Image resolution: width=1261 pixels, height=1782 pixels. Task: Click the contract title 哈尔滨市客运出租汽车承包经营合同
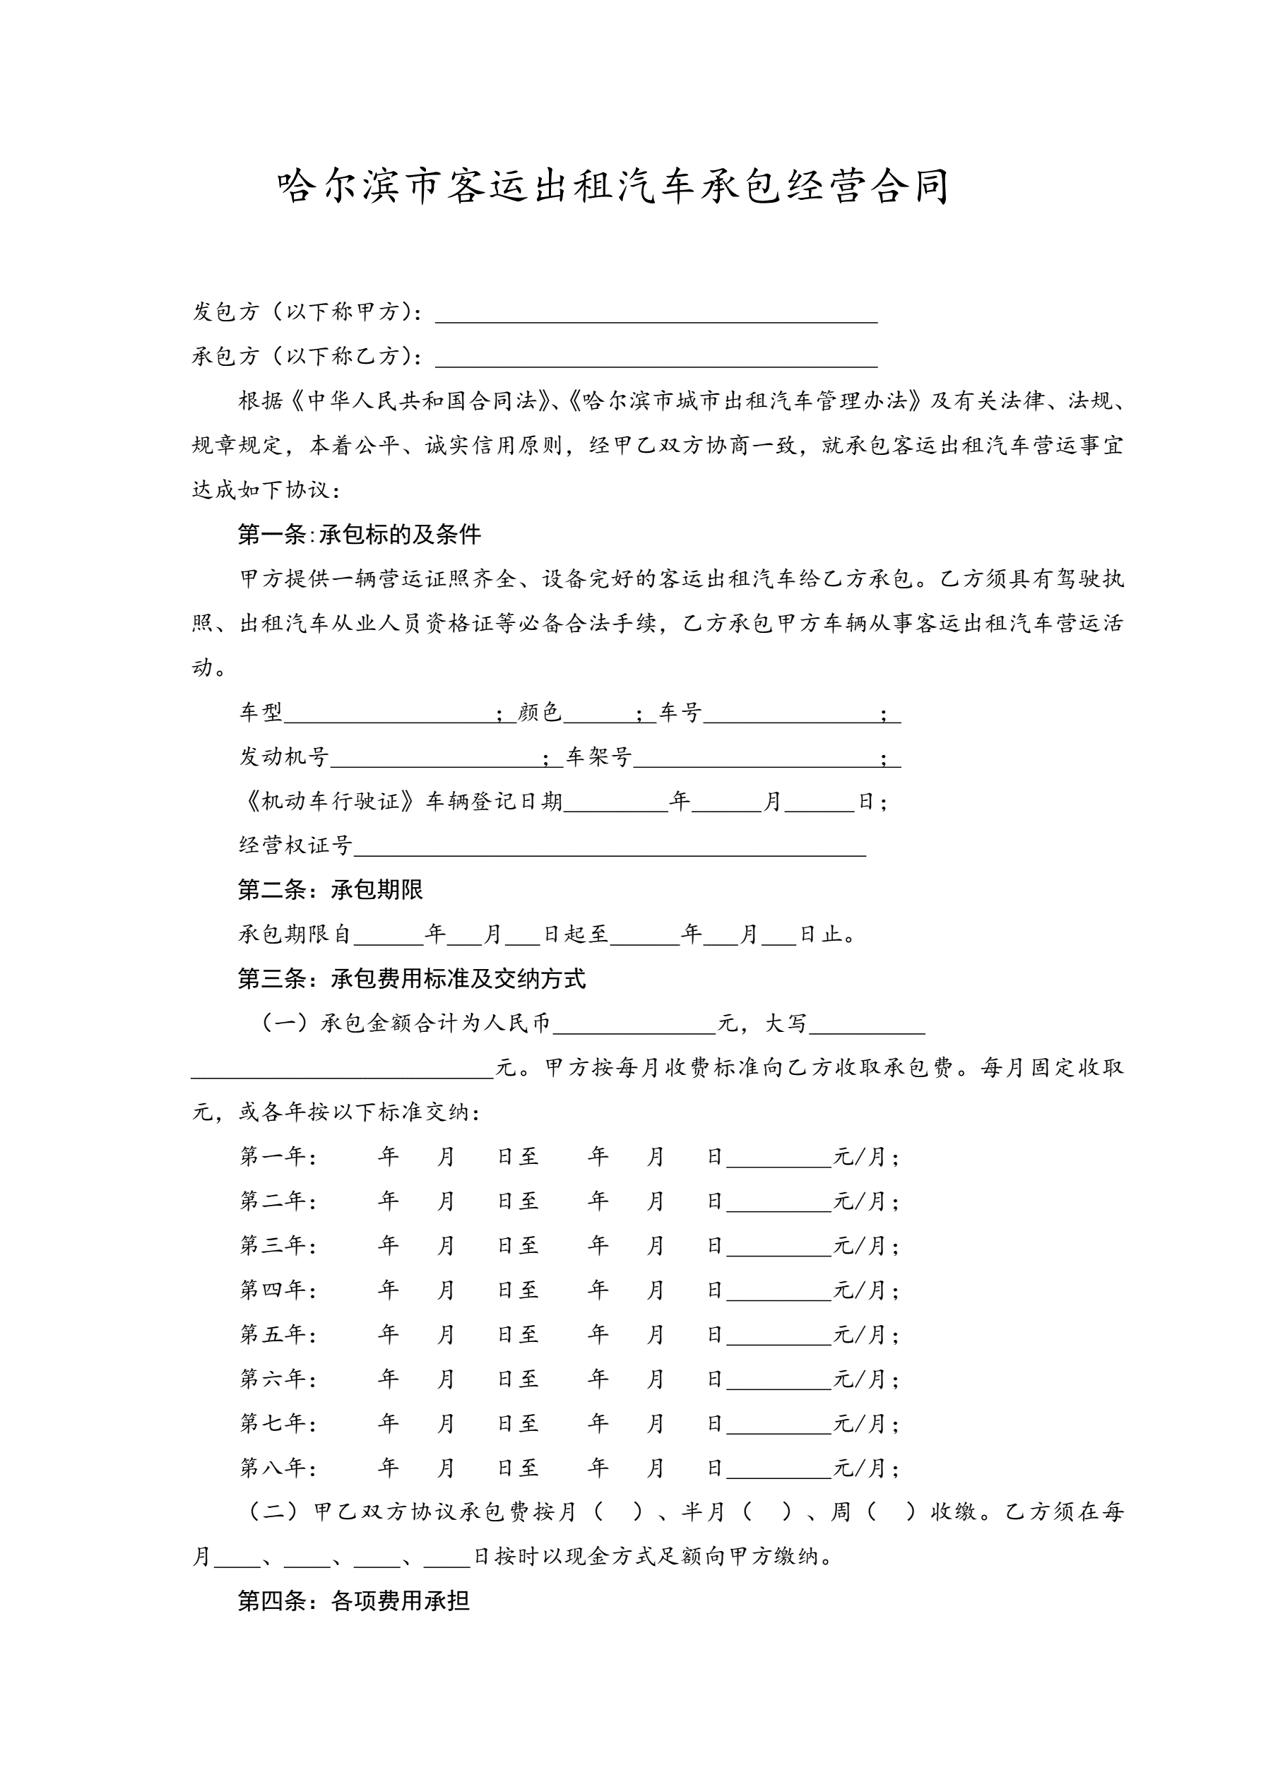point(613,187)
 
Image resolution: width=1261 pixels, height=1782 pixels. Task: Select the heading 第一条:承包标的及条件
point(360,534)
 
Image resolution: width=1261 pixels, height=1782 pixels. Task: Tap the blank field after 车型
point(390,714)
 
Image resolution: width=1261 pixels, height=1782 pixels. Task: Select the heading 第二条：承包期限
point(331,889)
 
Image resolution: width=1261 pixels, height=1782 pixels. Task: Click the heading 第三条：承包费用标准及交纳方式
point(412,979)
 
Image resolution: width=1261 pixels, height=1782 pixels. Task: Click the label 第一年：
point(278,1157)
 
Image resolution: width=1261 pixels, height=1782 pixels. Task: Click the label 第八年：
point(278,1468)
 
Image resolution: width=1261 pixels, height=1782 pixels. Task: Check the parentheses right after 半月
point(767,1512)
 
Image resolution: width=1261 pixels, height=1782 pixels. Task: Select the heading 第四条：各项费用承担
point(354,1601)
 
